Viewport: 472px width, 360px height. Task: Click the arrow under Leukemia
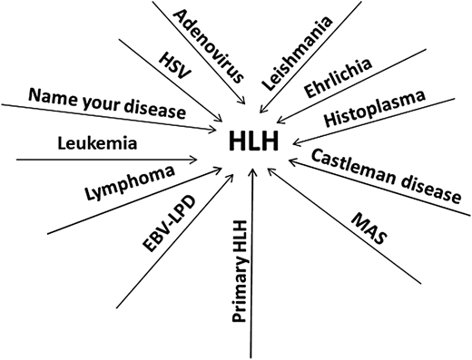point(109,160)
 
